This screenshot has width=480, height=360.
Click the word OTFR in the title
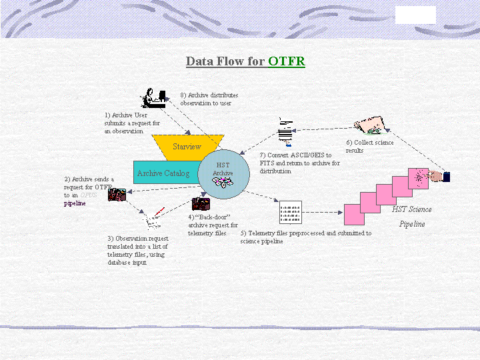287,62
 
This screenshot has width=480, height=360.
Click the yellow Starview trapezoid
187,147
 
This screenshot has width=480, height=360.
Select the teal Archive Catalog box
164,173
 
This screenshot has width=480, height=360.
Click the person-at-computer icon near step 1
153,98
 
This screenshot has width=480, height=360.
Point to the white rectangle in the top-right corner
415,15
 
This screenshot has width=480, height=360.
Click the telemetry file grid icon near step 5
291,212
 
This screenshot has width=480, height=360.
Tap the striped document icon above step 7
285,131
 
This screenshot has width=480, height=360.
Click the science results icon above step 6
369,126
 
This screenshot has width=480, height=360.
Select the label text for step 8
209,99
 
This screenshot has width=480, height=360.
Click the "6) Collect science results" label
369,146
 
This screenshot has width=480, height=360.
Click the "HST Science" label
411,209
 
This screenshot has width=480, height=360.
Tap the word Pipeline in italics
411,224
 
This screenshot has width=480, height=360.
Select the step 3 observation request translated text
137,250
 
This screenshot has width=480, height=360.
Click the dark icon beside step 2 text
117,195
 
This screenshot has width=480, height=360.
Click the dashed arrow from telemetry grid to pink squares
323,213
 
